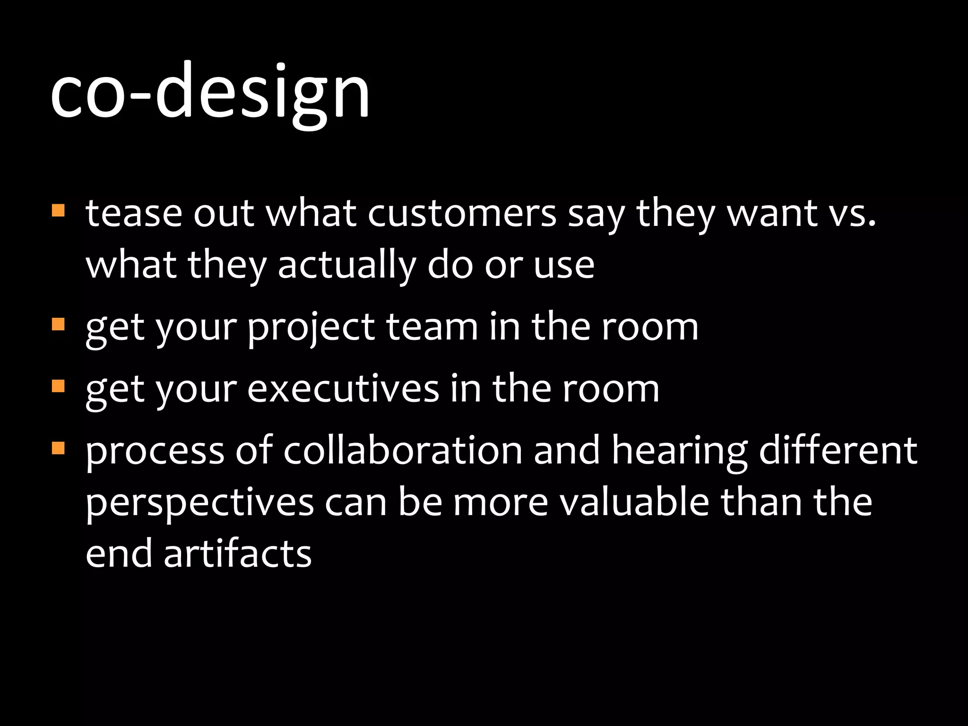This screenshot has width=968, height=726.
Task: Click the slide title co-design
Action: [210, 92]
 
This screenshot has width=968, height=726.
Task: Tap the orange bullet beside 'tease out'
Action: [58, 210]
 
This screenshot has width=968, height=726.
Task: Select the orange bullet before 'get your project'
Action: [58, 324]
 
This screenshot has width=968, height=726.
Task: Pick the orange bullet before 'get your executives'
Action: [58, 386]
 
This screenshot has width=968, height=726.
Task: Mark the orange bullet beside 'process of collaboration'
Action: [58, 448]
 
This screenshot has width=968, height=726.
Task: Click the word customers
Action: [462, 214]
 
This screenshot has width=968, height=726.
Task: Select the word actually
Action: [347, 266]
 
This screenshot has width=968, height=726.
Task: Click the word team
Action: [432, 327]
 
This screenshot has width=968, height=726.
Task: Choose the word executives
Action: [343, 389]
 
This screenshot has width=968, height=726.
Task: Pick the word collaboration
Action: [403, 450]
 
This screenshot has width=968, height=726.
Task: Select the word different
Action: [838, 450]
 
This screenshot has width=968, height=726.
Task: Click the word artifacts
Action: [237, 554]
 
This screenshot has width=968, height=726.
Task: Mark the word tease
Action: [134, 214]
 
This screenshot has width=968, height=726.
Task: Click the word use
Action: [564, 266]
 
